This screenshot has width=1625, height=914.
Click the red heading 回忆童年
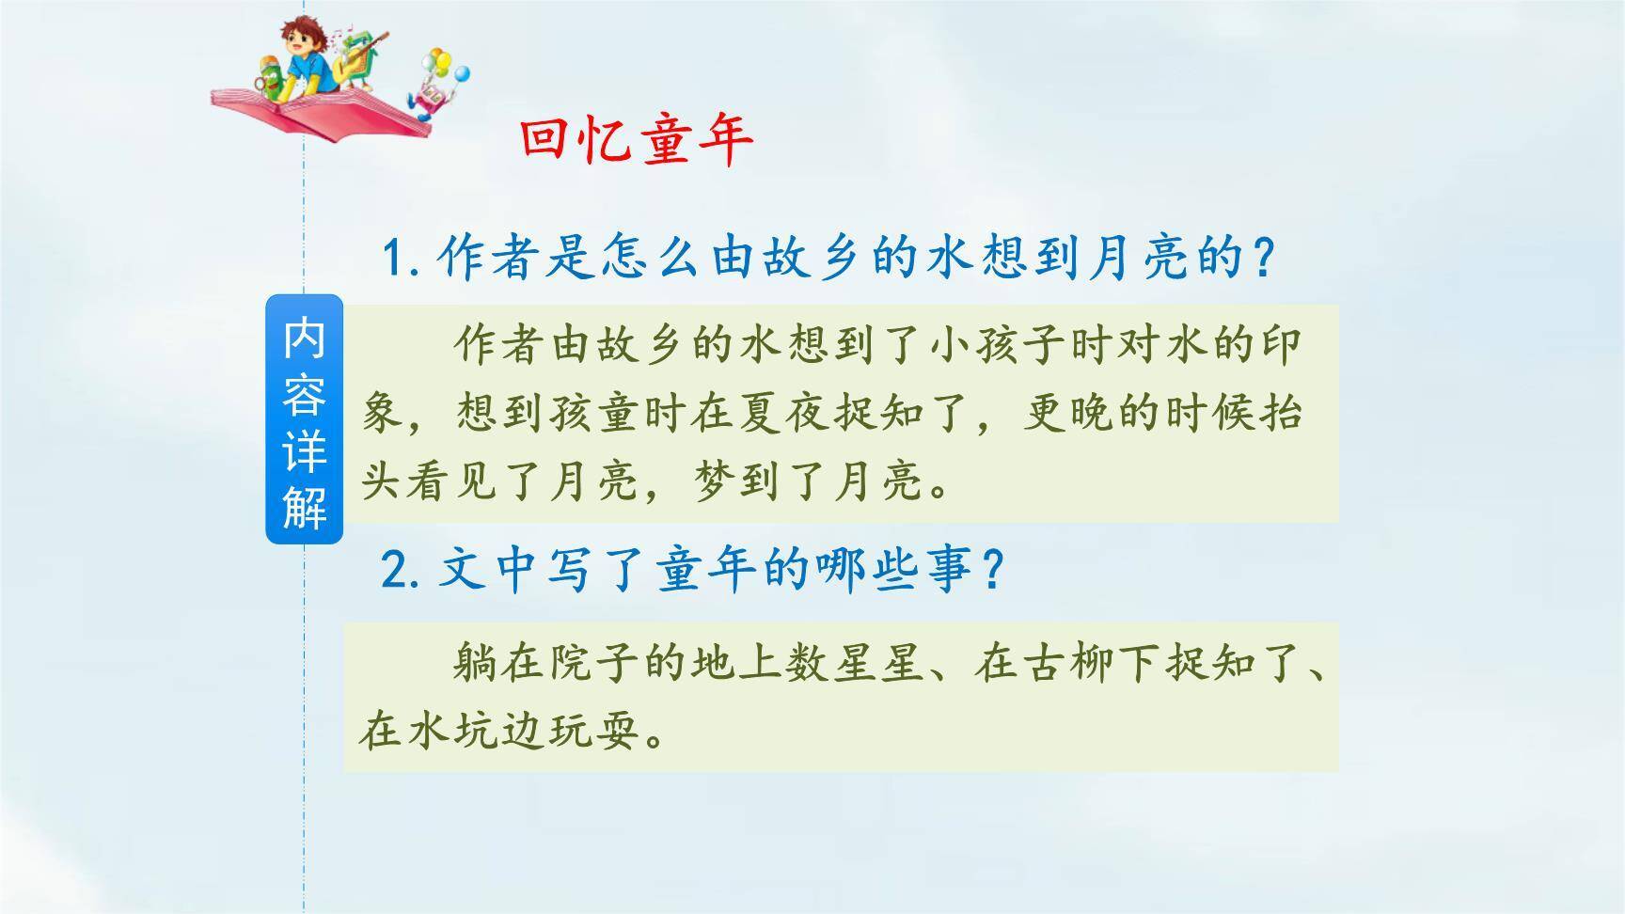pos(637,141)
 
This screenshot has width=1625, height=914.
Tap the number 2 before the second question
pos(395,570)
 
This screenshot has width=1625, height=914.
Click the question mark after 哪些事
pos(988,570)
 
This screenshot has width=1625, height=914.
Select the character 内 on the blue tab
pos(304,337)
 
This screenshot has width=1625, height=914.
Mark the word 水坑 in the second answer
pos(451,731)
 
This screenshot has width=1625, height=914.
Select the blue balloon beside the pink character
pos(460,73)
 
